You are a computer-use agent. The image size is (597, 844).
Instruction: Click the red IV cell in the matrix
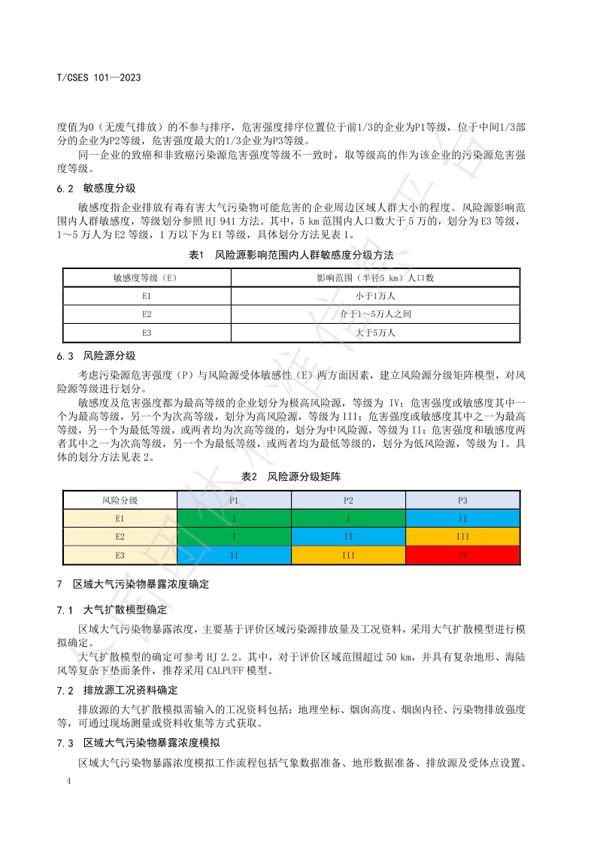coord(462,555)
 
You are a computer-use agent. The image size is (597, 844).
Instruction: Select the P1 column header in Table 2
coord(234,500)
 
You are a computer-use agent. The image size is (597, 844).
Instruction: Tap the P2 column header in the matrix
coord(348,500)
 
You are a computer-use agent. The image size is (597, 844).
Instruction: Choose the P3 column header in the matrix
coord(462,500)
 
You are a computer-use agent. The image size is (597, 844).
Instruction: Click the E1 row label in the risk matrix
coord(120,519)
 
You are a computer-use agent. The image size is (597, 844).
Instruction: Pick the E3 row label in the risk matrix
coord(120,555)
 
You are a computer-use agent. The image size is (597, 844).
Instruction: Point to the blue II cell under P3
coord(462,519)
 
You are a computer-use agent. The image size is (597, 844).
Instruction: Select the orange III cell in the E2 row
coord(462,537)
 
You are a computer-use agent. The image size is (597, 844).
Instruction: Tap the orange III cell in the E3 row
coord(348,555)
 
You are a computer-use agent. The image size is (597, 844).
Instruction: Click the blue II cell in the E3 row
coord(234,555)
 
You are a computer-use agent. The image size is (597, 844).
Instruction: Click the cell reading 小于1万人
coord(376,296)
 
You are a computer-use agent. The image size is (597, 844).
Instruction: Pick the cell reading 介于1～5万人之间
coord(376,314)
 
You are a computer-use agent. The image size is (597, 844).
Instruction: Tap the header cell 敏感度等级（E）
coord(147,277)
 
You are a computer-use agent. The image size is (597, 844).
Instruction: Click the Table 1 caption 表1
coord(197,256)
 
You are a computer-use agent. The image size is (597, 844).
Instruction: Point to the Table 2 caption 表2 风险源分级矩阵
coord(291,476)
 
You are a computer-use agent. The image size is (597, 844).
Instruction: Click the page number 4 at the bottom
coord(68,782)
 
